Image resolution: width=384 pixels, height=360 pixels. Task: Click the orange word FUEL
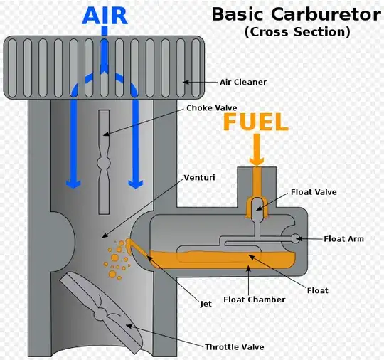[x=256, y=122]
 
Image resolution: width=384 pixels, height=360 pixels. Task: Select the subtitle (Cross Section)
[x=297, y=32]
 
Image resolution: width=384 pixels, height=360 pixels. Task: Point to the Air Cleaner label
[x=242, y=82]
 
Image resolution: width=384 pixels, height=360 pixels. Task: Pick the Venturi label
[x=199, y=176]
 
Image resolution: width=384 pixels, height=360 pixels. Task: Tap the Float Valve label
[x=314, y=191]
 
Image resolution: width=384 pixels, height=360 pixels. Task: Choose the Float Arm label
[x=343, y=239]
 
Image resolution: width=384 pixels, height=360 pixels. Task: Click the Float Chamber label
[x=254, y=300]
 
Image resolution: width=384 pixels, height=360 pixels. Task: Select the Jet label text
[x=206, y=304]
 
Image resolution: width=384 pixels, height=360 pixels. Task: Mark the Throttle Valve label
[x=235, y=347]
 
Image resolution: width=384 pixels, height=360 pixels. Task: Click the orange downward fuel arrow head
[x=256, y=159]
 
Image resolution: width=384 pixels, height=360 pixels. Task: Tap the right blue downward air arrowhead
[x=133, y=181]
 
